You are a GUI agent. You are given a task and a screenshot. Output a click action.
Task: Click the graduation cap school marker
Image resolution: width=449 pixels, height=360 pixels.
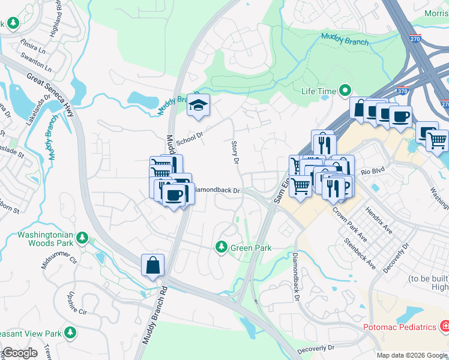pos(197,106)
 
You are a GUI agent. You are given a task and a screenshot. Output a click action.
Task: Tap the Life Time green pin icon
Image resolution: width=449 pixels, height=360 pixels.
pos(345,91)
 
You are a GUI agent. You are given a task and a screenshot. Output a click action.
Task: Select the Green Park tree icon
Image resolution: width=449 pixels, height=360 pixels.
pos(221,247)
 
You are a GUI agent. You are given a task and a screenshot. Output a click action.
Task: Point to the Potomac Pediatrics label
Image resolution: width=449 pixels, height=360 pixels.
pos(399,327)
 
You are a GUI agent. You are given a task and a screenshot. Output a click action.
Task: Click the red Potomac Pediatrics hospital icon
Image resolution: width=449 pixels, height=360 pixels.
pos(445,327)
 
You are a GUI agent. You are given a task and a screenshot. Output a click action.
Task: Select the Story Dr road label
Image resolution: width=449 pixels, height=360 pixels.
pos(235,152)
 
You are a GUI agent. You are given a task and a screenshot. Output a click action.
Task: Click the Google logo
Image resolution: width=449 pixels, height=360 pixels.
pos(20,353)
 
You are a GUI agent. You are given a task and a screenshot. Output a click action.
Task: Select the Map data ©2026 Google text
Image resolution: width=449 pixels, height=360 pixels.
pos(411,355)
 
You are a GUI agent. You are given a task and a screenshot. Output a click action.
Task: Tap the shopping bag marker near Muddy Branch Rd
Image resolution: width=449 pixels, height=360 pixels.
pos(153,265)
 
